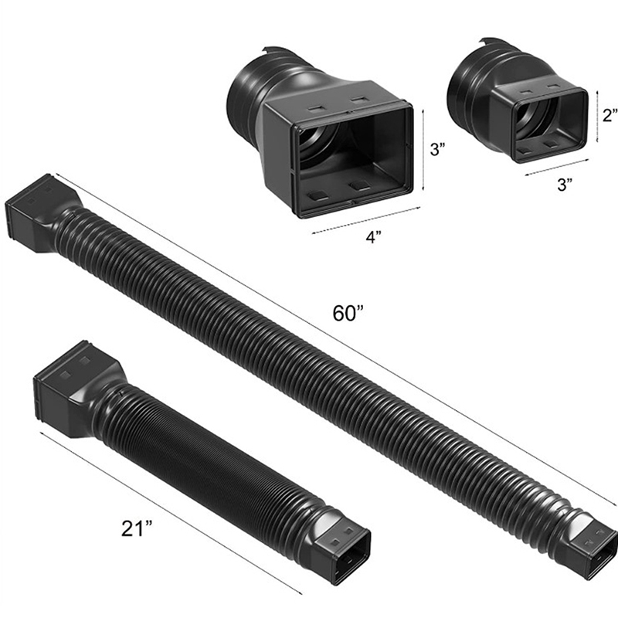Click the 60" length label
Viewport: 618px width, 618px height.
pos(347,314)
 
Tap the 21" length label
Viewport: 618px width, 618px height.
pos(137,528)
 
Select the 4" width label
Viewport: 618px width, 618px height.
pos(374,237)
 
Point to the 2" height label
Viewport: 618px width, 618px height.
pos(610,114)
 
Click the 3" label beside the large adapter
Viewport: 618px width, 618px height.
pos(437,149)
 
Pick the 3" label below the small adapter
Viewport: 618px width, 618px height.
pos(565,184)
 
